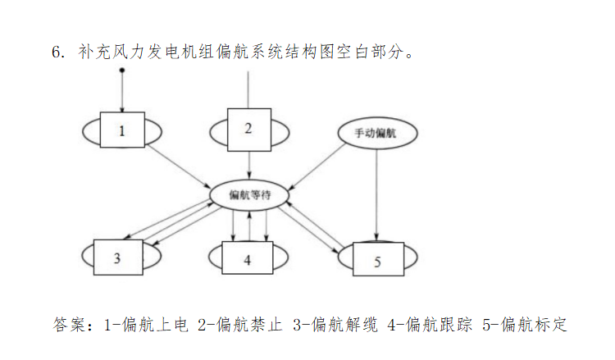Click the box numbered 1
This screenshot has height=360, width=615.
(122, 131)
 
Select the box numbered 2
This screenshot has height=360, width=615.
(248, 129)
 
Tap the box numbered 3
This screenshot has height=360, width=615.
(117, 259)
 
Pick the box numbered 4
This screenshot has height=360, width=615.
(248, 261)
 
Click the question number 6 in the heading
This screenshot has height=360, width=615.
(57, 52)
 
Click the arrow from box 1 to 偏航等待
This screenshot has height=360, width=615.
(176, 164)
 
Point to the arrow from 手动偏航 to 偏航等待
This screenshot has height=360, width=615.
(317, 169)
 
